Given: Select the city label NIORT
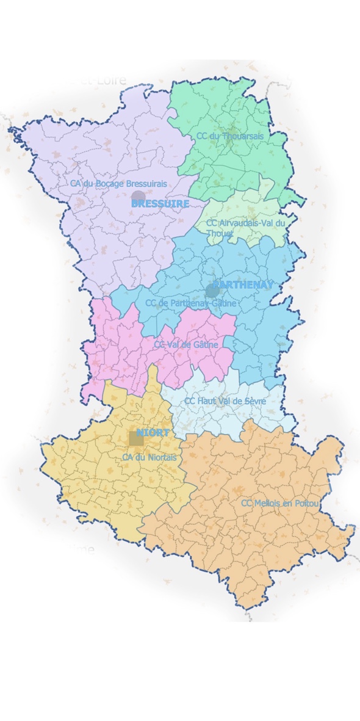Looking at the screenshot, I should (153, 432).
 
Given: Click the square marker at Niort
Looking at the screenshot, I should (136, 438).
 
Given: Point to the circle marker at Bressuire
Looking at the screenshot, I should (139, 198).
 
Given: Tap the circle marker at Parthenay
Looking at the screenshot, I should (212, 290).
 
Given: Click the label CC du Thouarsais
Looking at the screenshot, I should (230, 136).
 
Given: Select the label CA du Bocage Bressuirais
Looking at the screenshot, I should (118, 183).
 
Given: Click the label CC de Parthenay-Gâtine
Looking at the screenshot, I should (190, 303).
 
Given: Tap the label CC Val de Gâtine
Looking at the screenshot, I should (185, 345).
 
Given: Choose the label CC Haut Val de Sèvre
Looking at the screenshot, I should (225, 401).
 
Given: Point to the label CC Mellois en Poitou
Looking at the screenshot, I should (280, 504).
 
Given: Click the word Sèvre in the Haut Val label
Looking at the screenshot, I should (254, 401).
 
